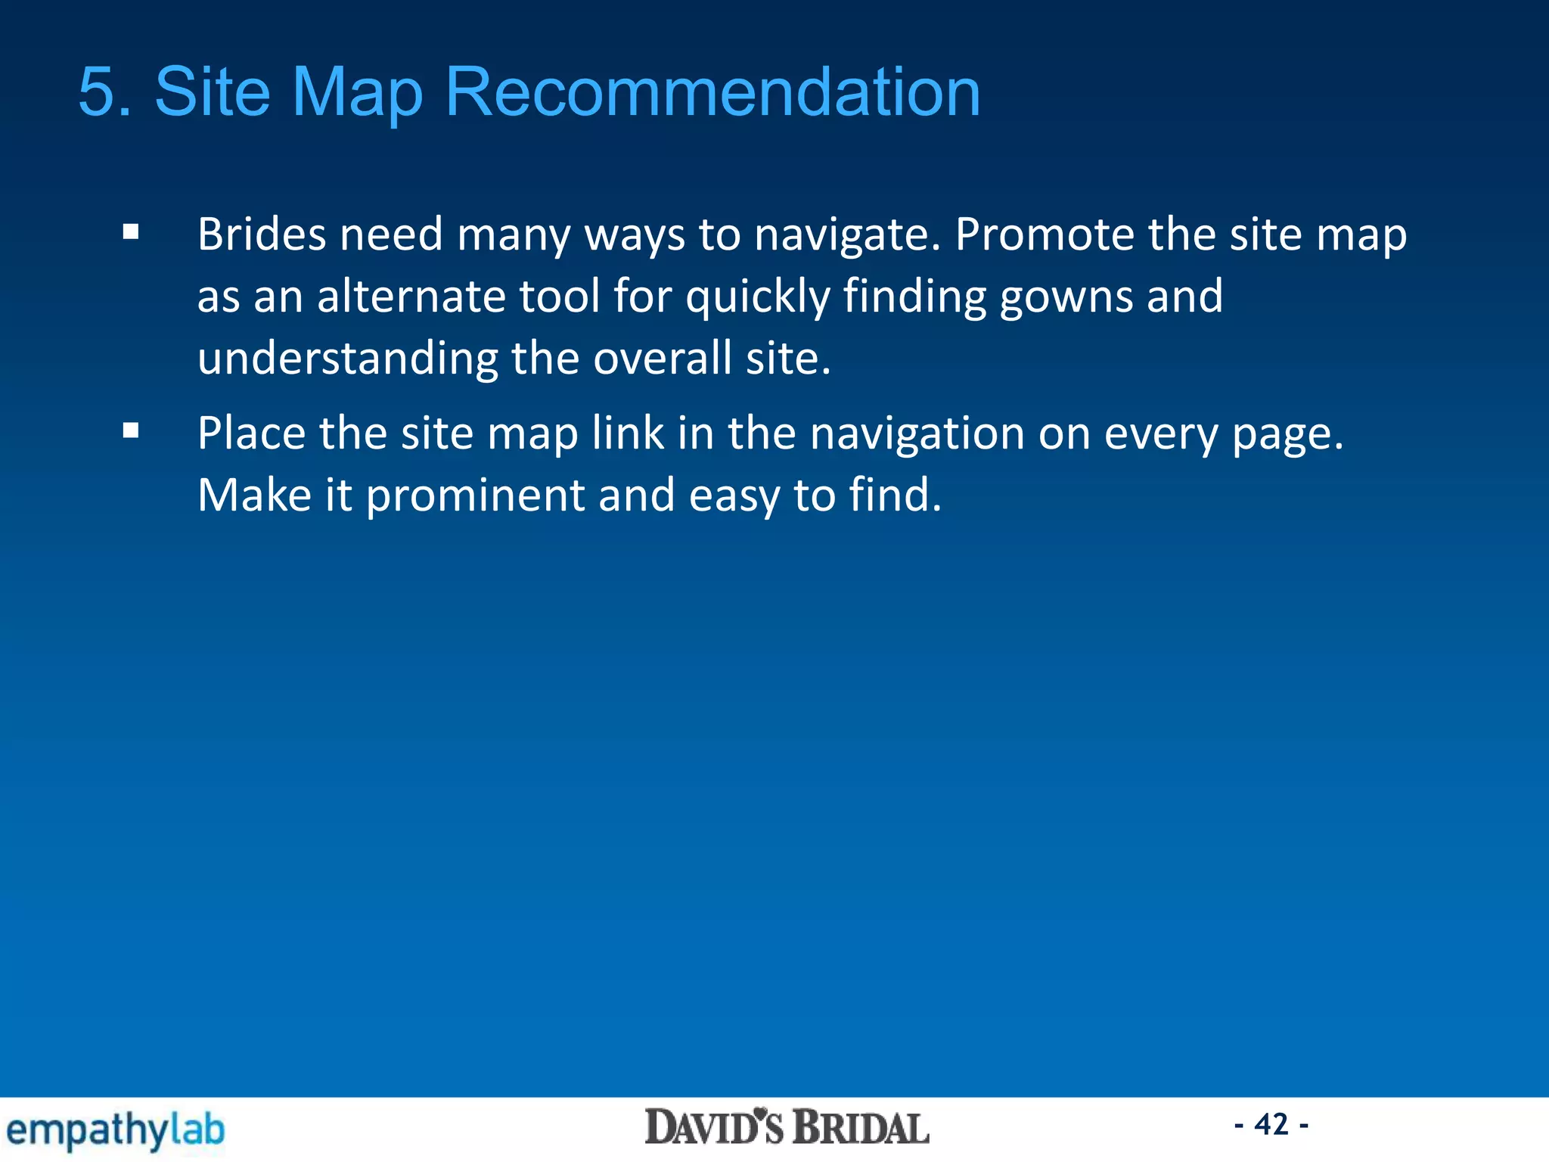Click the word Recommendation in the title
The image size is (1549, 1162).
pos(712,92)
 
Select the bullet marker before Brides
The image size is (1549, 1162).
pos(131,232)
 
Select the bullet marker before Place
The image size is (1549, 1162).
pos(131,431)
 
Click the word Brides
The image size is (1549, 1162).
pos(262,235)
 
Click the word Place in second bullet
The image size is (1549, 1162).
pos(252,434)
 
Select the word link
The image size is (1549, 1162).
pos(628,434)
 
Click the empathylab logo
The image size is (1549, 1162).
pos(116,1131)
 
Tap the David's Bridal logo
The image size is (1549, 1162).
pos(787,1128)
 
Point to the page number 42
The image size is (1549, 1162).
pos(1271,1125)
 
